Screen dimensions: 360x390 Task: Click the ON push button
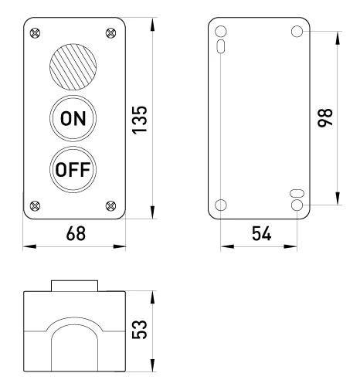coord(73,118)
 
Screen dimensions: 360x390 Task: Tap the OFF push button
coord(73,169)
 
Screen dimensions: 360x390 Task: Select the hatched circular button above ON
coord(73,67)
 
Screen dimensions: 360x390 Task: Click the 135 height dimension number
coord(139,120)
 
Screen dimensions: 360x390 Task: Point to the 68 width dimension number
coord(76,233)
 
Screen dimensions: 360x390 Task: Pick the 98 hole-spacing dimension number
coord(325,118)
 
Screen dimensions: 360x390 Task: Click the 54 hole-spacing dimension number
coord(261,233)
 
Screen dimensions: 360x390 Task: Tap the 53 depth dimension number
coord(139,330)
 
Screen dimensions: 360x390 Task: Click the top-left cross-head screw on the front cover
coord(35,33)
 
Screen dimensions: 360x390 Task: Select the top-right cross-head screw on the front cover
coord(111,33)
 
